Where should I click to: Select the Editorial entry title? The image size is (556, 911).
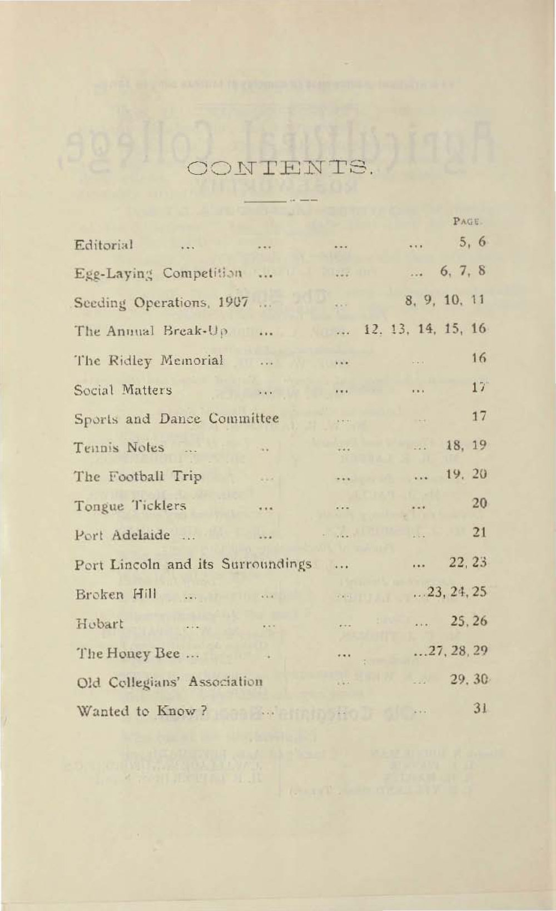[104, 245]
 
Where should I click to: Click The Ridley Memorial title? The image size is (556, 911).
[149, 361]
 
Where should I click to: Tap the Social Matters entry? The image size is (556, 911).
[123, 390]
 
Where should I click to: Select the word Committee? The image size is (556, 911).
[244, 419]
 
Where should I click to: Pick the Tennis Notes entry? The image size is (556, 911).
[119, 448]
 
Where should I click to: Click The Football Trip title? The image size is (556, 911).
[138, 477]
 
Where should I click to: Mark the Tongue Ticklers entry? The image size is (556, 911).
[130, 506]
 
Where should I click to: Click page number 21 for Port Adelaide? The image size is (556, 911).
[479, 532]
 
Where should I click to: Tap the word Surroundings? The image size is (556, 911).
[266, 565]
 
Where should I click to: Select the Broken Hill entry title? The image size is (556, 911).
[116, 594]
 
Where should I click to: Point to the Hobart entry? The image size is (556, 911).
[100, 623]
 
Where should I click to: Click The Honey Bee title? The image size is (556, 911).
[128, 653]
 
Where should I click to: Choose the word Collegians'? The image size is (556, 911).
[148, 682]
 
